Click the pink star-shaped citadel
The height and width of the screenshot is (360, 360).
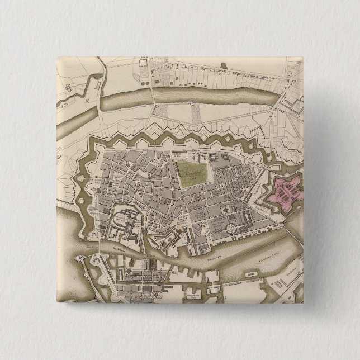285,193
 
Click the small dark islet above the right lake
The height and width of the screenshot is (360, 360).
224,65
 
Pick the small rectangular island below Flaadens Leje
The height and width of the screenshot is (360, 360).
251,276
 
